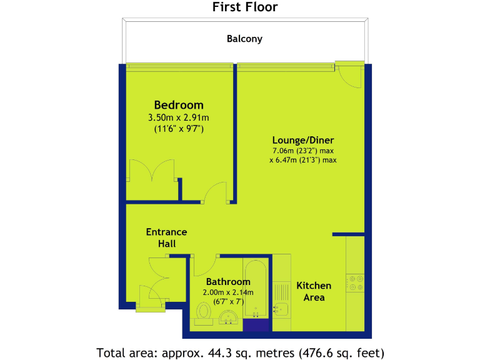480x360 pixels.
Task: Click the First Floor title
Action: coord(244,7)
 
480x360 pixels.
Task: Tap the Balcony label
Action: coord(244,39)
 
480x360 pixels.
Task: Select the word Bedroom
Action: coord(179,105)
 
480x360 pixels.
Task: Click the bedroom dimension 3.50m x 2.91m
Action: coord(179,117)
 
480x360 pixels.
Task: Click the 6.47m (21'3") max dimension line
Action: coord(303,160)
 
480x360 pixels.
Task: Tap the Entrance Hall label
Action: coord(166,237)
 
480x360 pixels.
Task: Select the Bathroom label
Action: coord(228,282)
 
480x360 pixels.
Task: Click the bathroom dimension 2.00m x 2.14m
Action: coord(228,292)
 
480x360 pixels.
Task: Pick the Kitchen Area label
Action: coord(314,291)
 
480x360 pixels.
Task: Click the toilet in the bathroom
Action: coord(203,311)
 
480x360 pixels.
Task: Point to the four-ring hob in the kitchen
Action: coord(355,283)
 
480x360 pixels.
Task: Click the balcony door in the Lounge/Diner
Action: coord(348,76)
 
